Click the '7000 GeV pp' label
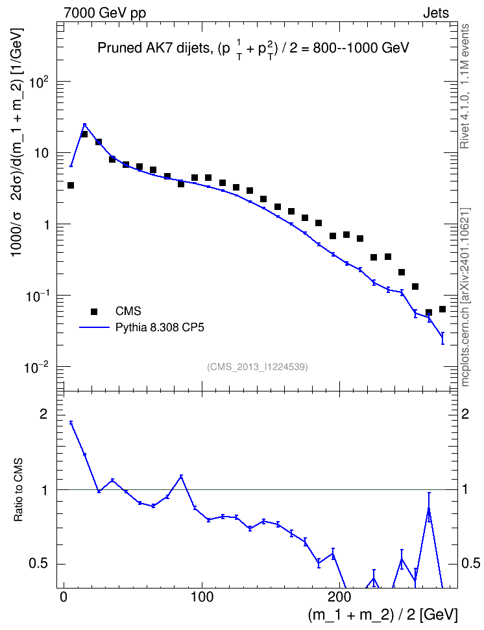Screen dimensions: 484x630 104,13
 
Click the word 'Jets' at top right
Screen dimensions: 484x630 436,13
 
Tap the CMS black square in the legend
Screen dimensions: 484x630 94,311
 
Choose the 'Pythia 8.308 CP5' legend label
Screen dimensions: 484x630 160,328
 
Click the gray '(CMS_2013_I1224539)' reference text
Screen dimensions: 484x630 258,367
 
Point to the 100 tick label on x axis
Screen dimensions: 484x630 202,596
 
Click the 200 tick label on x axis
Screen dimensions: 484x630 339,596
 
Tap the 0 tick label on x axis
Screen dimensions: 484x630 64,596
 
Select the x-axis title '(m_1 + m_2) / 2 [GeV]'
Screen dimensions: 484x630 383,614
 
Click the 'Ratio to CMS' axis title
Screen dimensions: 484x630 19,490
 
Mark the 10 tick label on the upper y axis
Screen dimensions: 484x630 42,154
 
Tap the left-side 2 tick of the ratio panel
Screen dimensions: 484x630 43,414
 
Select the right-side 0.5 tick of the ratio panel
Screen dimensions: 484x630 470,563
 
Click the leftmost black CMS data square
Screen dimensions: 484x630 71,185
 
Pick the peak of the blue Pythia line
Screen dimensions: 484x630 84,124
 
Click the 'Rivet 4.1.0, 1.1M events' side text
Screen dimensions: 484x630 465,86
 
